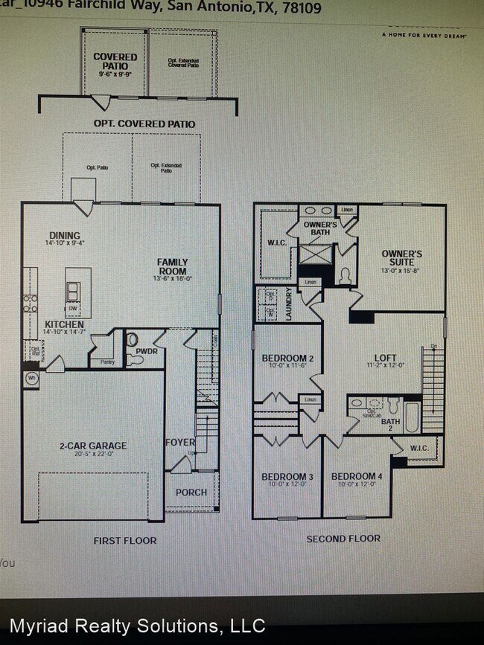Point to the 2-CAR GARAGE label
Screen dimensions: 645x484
point(93,446)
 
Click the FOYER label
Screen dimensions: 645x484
point(179,443)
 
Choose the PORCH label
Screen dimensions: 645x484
point(191,492)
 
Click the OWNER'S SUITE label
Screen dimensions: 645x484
point(402,258)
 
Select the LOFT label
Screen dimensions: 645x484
point(385,357)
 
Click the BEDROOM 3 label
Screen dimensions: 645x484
point(287,476)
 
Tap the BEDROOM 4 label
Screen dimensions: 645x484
point(357,476)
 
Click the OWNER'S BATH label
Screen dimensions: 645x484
point(321,228)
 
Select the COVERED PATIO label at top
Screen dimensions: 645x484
point(115,61)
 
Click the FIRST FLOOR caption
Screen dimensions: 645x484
point(125,540)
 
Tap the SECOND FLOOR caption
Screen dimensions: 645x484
point(343,538)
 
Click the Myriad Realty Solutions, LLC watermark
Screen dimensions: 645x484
point(137,626)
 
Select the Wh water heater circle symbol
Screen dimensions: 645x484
point(32,378)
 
